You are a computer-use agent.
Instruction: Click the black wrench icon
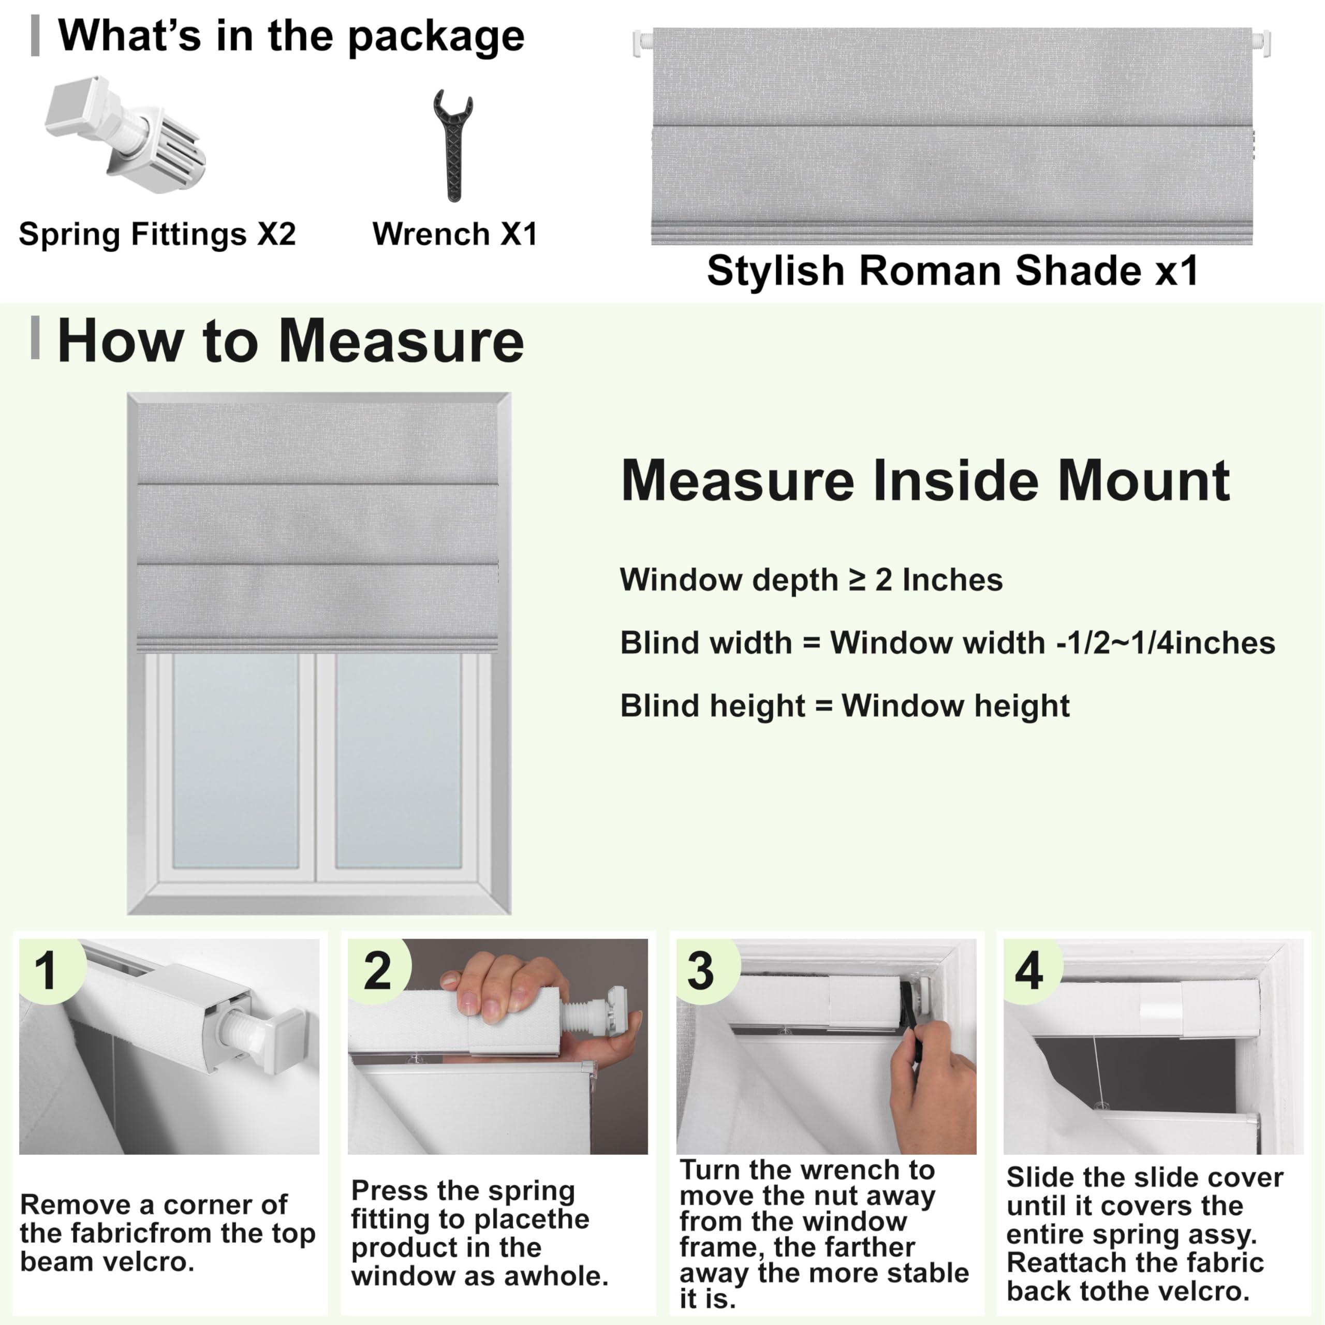tap(453, 145)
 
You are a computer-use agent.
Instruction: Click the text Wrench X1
tap(455, 234)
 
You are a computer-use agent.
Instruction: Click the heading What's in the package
tap(291, 36)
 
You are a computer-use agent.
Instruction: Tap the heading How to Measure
tap(291, 342)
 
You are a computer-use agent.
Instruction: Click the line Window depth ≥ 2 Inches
tap(811, 580)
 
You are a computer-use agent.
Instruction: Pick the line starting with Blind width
tap(947, 643)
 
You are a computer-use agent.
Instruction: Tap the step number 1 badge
tap(47, 971)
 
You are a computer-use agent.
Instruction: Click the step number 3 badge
tap(700, 971)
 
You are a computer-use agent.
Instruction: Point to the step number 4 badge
tap(1029, 971)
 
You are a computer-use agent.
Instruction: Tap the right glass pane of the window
tap(399, 761)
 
